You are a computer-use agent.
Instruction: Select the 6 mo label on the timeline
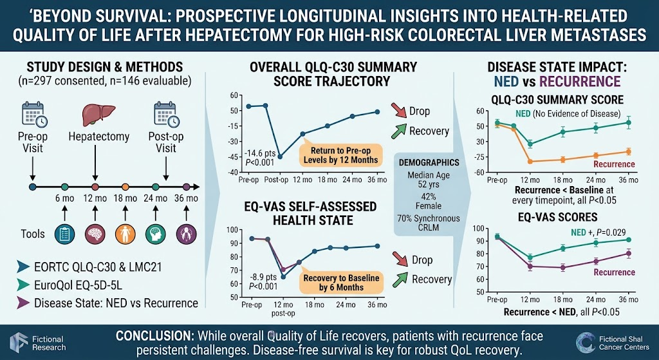pos(64,198)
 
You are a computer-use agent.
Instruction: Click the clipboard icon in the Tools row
pos(64,233)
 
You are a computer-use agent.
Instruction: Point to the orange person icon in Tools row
pos(125,233)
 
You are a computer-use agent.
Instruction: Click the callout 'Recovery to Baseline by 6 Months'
pos(341,283)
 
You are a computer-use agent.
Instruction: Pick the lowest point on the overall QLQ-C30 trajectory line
pos(279,156)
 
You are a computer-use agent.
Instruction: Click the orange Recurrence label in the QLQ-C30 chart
pos(614,164)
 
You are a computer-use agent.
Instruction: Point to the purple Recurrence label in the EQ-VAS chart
pos(614,272)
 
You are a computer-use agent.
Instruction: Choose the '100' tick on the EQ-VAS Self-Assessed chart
pos(232,230)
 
